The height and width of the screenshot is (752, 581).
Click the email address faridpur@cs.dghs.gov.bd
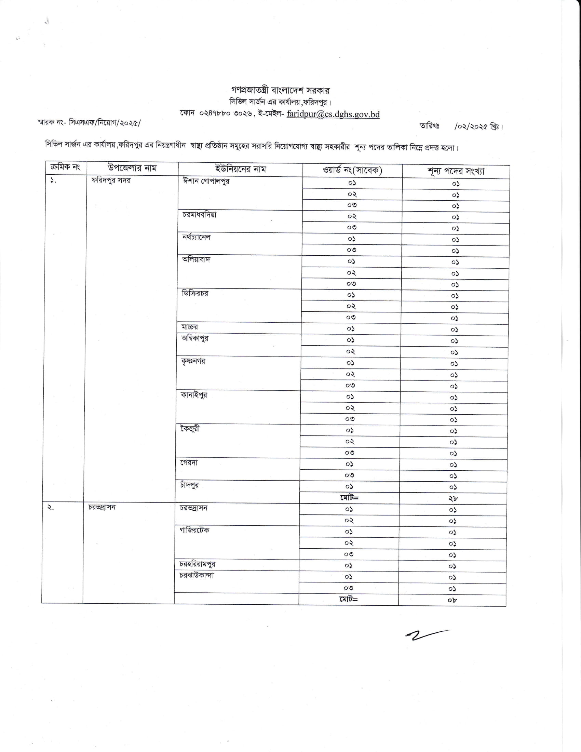pos(333,114)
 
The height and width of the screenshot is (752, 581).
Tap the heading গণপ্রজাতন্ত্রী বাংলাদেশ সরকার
pos(281,91)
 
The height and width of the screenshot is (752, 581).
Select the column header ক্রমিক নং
pos(65,167)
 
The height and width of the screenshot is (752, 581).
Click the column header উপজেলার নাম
pos(132,168)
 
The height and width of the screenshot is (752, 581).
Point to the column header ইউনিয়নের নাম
pos(241,169)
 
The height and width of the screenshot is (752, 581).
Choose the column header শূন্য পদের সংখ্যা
pos(456,171)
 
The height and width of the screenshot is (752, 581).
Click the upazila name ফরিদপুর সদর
pos(111,180)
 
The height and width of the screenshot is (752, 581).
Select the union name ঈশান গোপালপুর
pos(206,181)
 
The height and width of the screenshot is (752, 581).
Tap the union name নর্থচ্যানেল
pos(196,237)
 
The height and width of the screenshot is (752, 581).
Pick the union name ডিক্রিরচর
pos(195,293)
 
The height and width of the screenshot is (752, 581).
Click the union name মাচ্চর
pos(190,327)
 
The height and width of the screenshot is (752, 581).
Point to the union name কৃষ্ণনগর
pos(193,361)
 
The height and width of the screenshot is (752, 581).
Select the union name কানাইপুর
pos(194,395)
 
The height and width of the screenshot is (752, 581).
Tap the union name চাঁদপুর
pos(189,485)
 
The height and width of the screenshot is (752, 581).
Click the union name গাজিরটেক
pos(194,530)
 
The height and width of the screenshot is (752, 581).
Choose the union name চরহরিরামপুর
pos(197,564)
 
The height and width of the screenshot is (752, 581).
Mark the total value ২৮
pos(453,498)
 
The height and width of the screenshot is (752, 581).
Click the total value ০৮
pos(452,600)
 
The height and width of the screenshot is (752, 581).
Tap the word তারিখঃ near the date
pos(429,126)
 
